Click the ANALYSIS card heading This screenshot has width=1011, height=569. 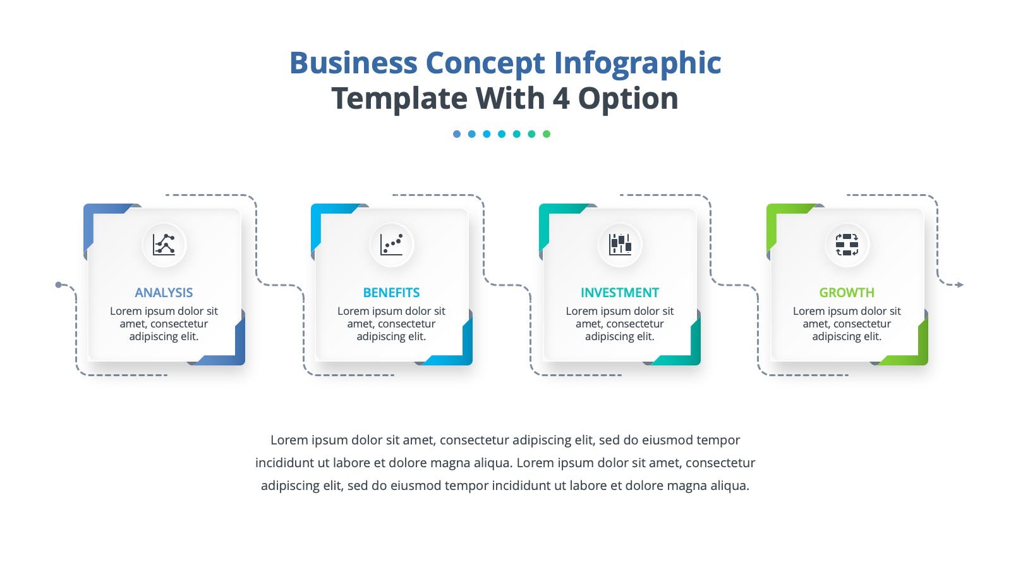(164, 293)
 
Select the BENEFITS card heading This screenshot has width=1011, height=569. (391, 293)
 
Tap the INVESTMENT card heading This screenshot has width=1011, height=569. (620, 293)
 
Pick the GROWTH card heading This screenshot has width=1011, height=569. (847, 293)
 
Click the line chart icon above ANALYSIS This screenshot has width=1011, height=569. (164, 245)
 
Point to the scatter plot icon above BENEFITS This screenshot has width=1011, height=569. (391, 245)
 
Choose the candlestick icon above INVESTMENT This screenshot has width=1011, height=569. (620, 245)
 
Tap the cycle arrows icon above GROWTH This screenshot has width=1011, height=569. (847, 245)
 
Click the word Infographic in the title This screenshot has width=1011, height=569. (638, 63)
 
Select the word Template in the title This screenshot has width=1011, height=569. (399, 99)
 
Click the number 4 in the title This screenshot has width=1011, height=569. (560, 99)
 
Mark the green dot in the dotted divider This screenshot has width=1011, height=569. (547, 133)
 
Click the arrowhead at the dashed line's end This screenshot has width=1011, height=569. (960, 284)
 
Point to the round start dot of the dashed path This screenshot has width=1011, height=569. (58, 284)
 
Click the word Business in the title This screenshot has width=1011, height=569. (353, 63)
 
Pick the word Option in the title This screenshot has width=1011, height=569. (628, 99)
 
